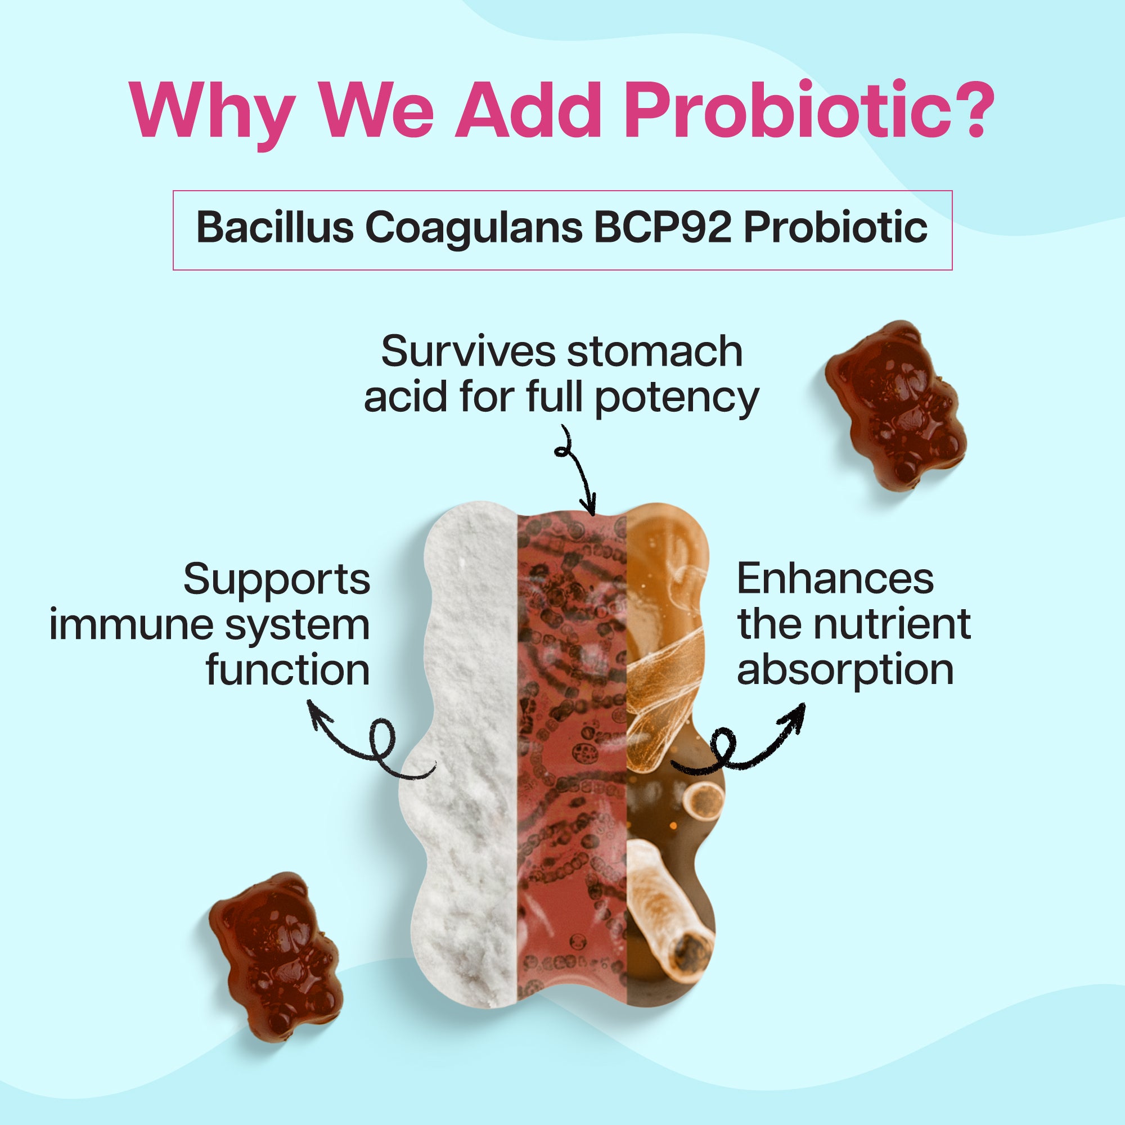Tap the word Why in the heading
[x=210, y=114]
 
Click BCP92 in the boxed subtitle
[x=661, y=228]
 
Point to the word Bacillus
[x=276, y=228]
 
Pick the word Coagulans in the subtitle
[x=474, y=231]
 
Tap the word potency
[x=677, y=400]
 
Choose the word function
[x=287, y=669]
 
